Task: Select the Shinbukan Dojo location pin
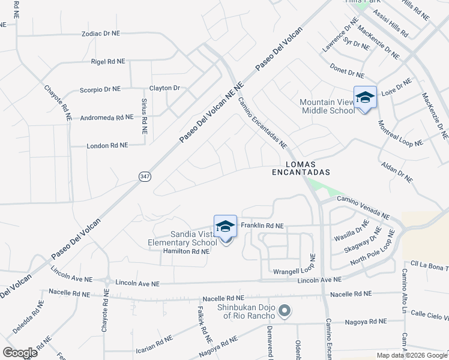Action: coord(285,311)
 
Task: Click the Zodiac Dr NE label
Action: coord(106,34)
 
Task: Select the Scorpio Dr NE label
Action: coord(100,89)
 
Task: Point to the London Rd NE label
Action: coord(107,145)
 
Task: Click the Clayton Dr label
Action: coord(164,88)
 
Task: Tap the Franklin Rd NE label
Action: coord(262,226)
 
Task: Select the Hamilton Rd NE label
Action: coord(186,252)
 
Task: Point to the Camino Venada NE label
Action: coord(363,207)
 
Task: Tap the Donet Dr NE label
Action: coord(348,72)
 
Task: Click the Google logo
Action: coord(20,352)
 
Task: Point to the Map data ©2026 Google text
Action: coord(411,355)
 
